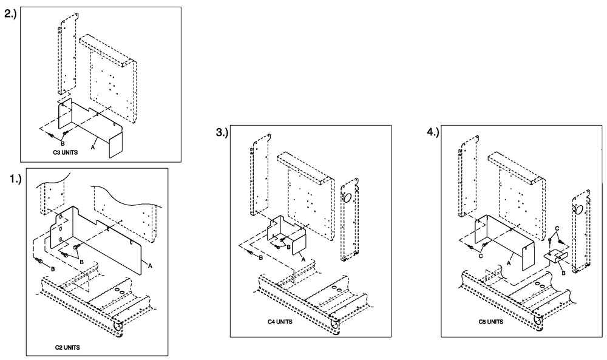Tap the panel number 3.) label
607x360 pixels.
222,134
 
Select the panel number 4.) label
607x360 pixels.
433,132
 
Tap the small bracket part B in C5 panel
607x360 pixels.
555,257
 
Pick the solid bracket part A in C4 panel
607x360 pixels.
285,234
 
